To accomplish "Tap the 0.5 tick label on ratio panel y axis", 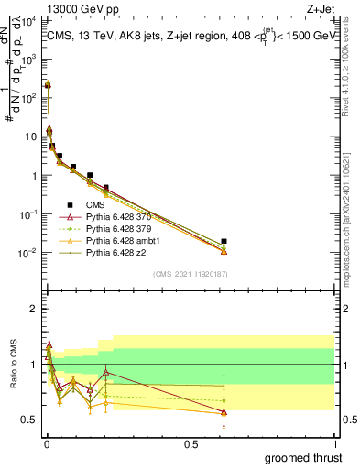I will coord(31,420).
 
